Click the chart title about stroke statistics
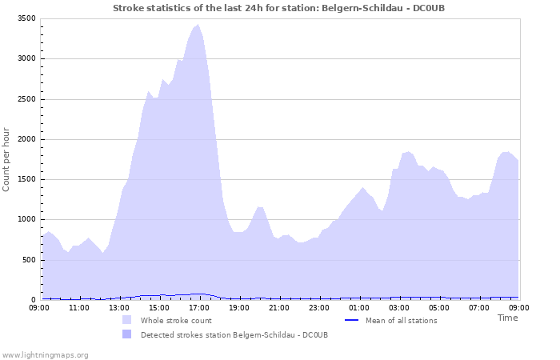pos(278,8)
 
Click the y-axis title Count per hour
pos(7,158)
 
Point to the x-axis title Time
pos(507,318)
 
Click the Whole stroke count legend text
pos(176,321)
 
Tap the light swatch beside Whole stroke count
pos(126,320)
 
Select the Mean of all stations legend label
pos(402,321)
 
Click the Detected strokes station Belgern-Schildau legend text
pos(234,334)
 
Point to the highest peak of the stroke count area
pos(198,25)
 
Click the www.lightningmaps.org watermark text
pos(45,354)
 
